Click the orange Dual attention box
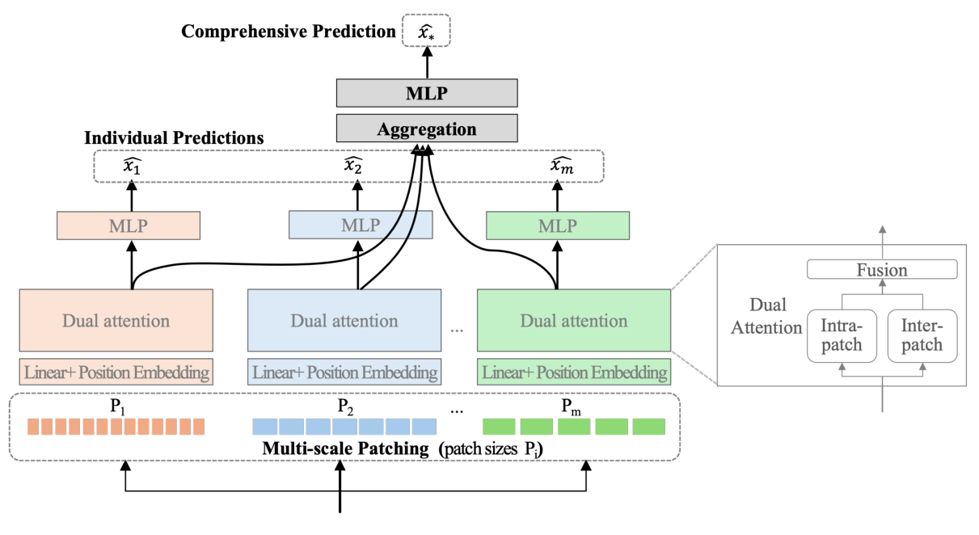pyautogui.click(x=116, y=321)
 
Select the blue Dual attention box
pyautogui.click(x=344, y=321)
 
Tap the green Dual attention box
pyautogui.click(x=573, y=321)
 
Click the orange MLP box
pyautogui.click(x=129, y=225)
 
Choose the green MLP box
pyautogui.click(x=557, y=225)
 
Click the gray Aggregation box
pyautogui.click(x=427, y=128)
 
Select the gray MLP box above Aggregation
pyautogui.click(x=427, y=93)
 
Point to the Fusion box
pyautogui.click(x=882, y=269)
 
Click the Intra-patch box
pyautogui.click(x=841, y=335)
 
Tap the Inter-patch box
pyautogui.click(x=922, y=335)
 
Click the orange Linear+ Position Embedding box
pyautogui.click(x=116, y=373)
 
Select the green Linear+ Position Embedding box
pyautogui.click(x=574, y=373)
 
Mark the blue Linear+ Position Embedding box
pyautogui.click(x=344, y=373)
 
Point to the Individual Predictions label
pyautogui.click(x=175, y=138)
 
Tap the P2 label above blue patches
pyautogui.click(x=345, y=405)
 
